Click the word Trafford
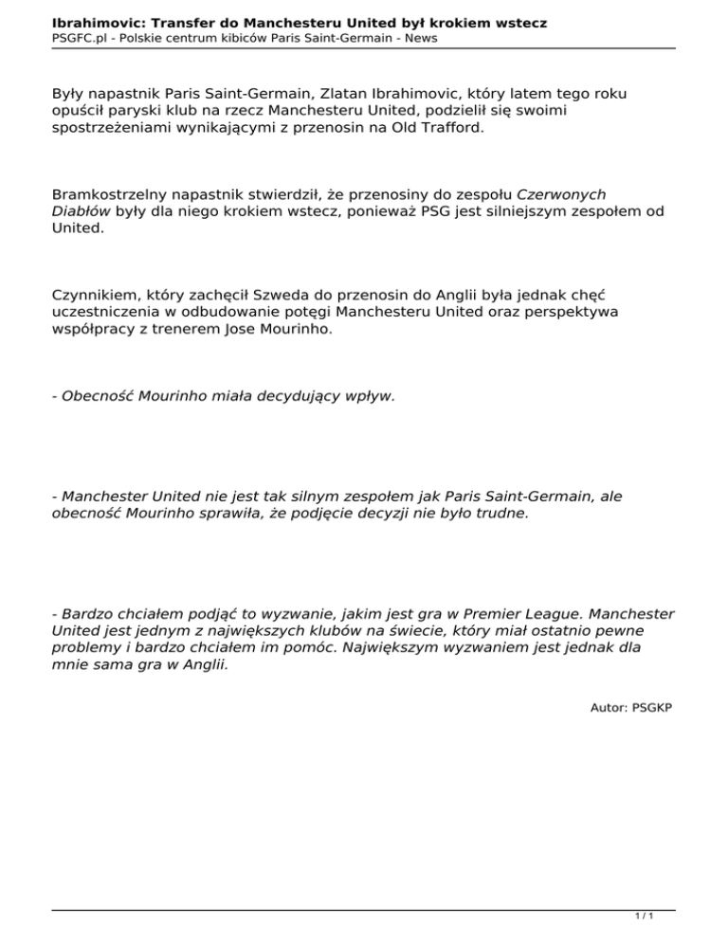pyautogui.click(x=447, y=126)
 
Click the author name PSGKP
pyautogui.click(x=652, y=707)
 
